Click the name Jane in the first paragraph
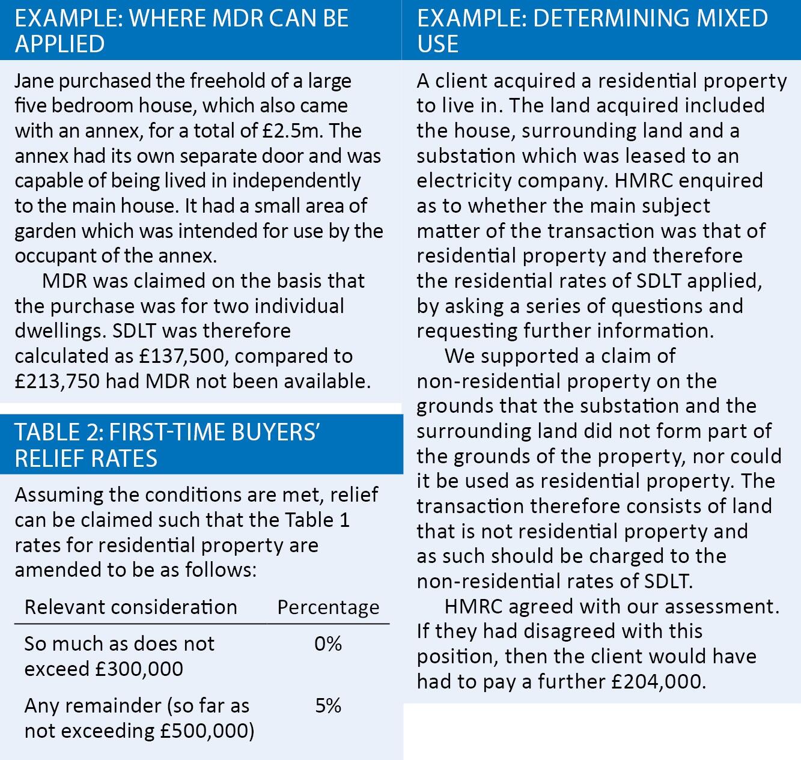coord(34,81)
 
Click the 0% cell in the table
coord(327,644)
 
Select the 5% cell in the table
coord(327,705)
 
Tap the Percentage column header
coord(328,607)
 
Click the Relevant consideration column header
coord(130,607)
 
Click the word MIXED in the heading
coord(732,18)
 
